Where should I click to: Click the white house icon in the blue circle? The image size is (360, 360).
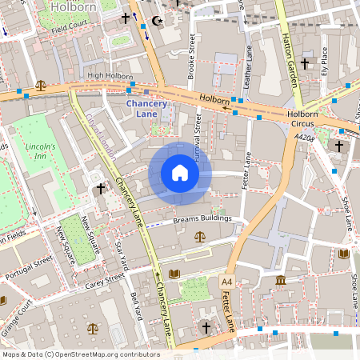(180, 173)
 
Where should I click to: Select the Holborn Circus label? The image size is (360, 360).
(302, 119)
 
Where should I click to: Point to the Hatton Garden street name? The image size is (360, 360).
(290, 40)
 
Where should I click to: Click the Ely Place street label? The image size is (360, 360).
(324, 59)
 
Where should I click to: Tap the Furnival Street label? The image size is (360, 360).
(198, 132)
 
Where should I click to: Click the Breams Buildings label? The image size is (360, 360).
(202, 218)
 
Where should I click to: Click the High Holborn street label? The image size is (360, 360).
(110, 76)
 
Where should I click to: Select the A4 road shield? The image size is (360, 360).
(227, 282)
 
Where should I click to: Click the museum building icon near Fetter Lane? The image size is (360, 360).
(281, 280)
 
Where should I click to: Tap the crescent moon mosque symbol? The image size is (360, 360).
(156, 18)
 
